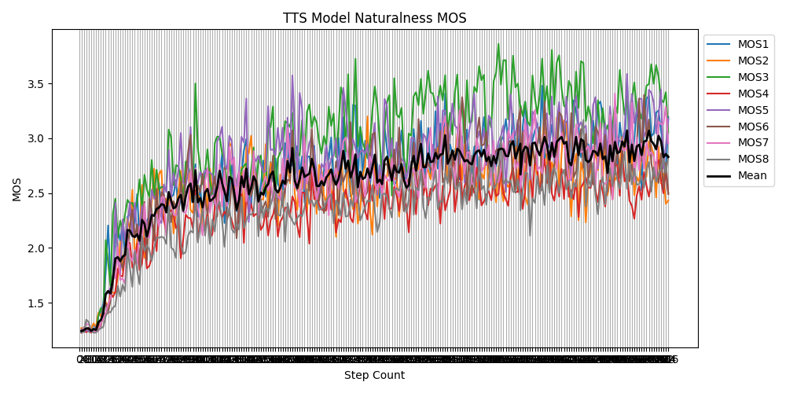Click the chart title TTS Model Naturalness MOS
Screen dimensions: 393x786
click(374, 18)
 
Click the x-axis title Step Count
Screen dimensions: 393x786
click(374, 376)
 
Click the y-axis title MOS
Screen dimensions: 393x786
click(17, 189)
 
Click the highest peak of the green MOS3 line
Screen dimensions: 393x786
click(498, 44)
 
